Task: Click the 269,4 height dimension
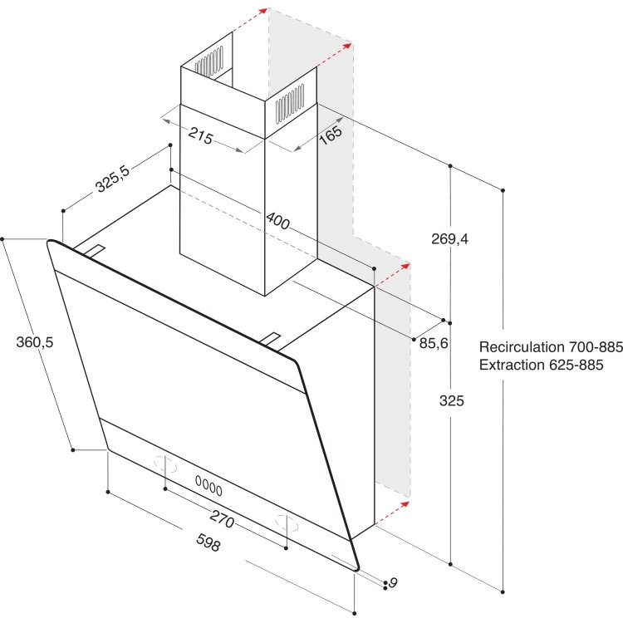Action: click(451, 239)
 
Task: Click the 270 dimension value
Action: click(220, 521)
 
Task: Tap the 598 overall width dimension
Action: click(207, 546)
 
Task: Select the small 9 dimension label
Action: click(394, 583)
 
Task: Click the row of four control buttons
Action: click(209, 482)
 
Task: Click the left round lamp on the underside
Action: click(164, 464)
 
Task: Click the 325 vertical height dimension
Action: click(451, 400)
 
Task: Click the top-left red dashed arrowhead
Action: click(263, 11)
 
